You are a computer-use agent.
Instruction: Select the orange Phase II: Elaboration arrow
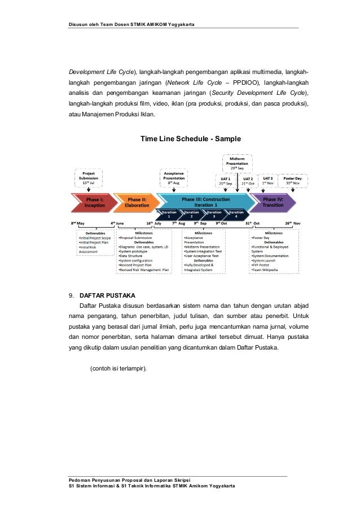[x=136, y=202]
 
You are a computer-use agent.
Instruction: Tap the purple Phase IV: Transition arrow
[x=273, y=202]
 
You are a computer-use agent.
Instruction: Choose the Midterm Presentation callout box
[x=237, y=163]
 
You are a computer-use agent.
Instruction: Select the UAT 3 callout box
[x=268, y=181]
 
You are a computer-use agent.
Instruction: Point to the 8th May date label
[x=77, y=224]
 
